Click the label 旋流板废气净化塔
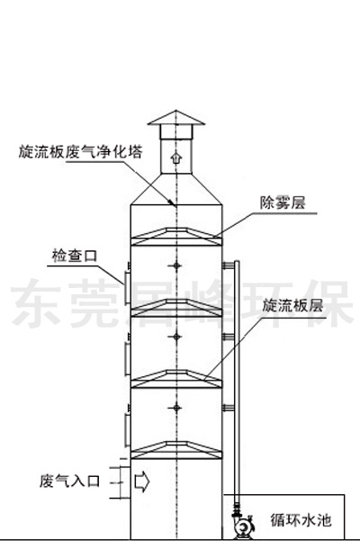80,152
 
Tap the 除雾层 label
283,203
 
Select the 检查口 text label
75,256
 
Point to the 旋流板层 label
292,306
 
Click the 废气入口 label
69,481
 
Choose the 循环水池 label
301,520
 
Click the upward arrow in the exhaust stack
175,157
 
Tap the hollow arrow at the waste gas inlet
142,481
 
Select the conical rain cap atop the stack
176,118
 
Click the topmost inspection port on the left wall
127,287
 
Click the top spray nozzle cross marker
176,265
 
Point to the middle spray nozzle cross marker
176,337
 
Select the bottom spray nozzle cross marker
176,408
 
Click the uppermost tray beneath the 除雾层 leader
176,237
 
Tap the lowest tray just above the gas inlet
176,450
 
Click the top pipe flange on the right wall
228,265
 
